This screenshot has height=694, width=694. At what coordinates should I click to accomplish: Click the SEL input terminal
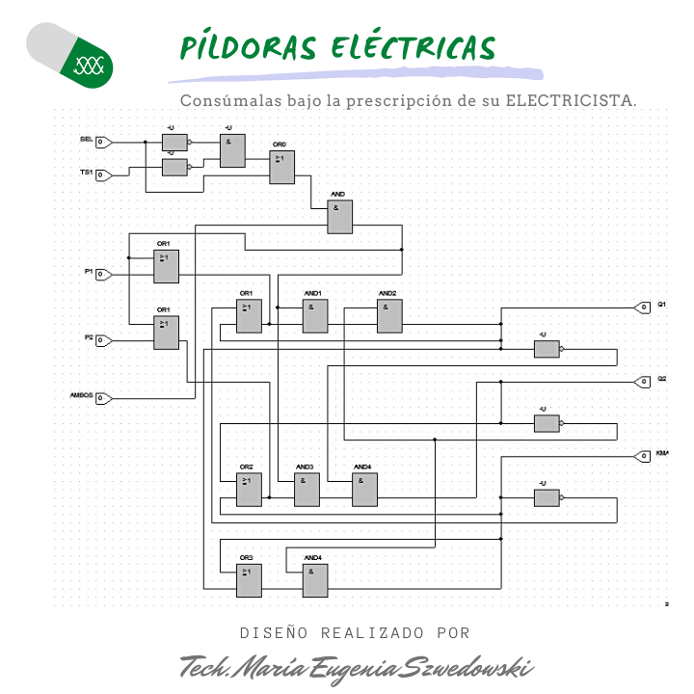tap(104, 143)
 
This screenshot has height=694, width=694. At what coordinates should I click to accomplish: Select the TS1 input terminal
tap(104, 174)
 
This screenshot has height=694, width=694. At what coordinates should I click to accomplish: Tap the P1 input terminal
tap(104, 275)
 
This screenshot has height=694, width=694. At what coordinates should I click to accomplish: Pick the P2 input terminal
tap(104, 340)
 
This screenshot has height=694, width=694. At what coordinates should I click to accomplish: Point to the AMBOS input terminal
tap(104, 397)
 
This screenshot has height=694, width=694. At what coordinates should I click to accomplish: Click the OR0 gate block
tap(281, 167)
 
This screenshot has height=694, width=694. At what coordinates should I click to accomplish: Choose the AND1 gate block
tap(315, 316)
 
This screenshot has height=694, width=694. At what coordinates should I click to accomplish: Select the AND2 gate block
tap(389, 316)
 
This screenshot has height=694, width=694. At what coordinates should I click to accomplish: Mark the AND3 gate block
tap(307, 491)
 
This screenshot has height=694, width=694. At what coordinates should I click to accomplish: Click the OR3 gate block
tap(249, 579)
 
